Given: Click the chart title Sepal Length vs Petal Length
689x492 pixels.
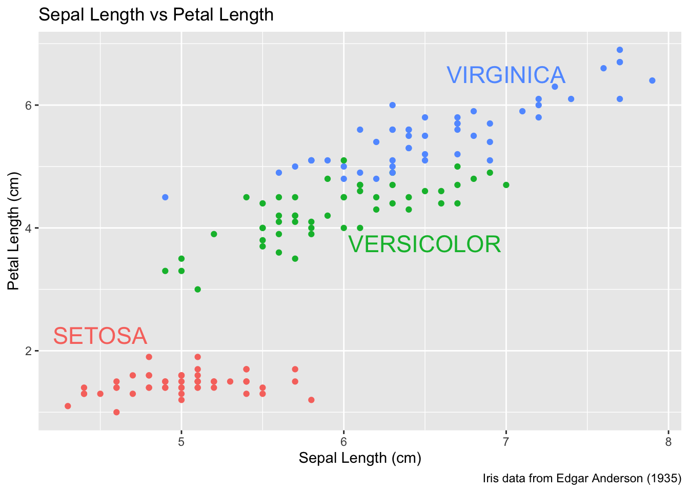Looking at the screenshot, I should click(x=156, y=15).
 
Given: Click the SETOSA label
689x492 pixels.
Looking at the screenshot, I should click(x=100, y=336).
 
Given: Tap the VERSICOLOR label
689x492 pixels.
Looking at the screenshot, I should click(x=424, y=244).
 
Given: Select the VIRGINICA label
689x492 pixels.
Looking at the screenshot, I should click(x=506, y=75).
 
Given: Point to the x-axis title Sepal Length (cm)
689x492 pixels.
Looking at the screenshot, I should click(x=360, y=458).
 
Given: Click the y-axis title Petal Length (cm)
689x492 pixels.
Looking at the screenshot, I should click(x=13, y=231).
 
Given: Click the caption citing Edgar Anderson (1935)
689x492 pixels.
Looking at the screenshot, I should click(x=582, y=479).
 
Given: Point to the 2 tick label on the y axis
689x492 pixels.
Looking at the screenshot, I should click(x=29, y=351).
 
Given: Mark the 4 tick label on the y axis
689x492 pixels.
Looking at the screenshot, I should click(x=29, y=228).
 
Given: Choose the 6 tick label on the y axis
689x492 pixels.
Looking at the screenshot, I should click(x=29, y=105).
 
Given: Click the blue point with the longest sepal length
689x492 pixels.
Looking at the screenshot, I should click(x=652, y=80).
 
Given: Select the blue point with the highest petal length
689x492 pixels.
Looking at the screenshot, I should click(x=620, y=50).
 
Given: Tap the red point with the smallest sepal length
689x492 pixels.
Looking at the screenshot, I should click(x=68, y=406).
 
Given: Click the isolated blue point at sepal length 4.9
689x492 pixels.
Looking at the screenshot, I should click(x=165, y=197).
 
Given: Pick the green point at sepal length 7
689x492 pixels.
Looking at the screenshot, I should click(x=506, y=185).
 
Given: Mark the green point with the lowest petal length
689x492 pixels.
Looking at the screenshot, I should click(x=197, y=290).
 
